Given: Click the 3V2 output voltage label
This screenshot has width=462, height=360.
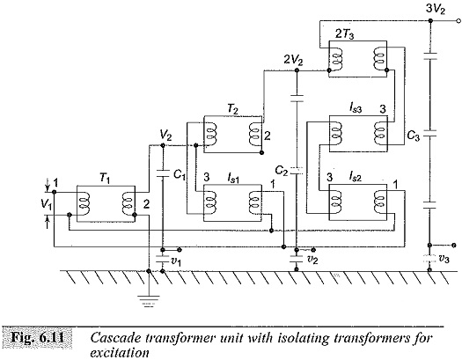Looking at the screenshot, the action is click(x=436, y=10).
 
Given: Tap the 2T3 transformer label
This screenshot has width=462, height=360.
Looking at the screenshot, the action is click(x=345, y=34).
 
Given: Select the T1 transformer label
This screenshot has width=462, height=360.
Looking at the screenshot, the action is click(x=105, y=178).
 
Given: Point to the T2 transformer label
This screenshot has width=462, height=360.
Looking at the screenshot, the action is click(x=232, y=109).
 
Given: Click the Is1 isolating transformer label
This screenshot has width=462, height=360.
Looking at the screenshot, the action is click(x=233, y=178).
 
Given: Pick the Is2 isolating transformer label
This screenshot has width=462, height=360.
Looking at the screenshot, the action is click(x=356, y=176).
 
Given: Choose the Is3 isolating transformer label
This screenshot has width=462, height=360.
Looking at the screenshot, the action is click(x=356, y=109).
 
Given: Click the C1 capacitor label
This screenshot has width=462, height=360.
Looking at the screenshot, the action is click(x=180, y=175).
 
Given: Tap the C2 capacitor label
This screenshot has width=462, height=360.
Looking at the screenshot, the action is click(x=281, y=171).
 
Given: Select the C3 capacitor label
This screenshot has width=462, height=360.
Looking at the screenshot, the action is click(x=413, y=136).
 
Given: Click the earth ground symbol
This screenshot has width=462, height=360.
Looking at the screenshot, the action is click(x=149, y=301).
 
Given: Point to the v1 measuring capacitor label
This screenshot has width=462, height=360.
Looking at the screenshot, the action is click(x=175, y=261).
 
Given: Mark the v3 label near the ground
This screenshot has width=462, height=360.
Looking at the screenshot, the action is click(x=444, y=259).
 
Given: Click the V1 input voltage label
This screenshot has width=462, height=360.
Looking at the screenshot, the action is click(x=47, y=204).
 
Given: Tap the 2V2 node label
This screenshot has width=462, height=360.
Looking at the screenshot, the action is click(x=293, y=60).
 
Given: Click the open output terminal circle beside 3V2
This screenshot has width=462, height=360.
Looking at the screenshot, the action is click(x=458, y=20).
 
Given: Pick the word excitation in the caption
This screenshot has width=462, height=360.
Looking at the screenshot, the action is click(x=120, y=352).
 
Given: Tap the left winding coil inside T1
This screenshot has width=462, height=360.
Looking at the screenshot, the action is click(x=84, y=203).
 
